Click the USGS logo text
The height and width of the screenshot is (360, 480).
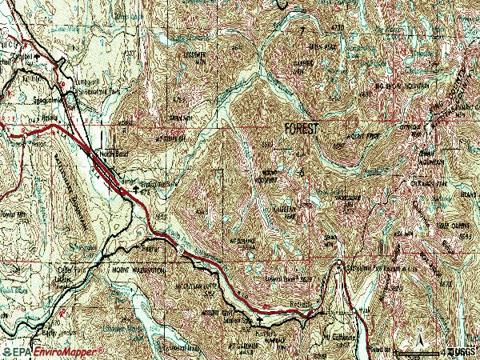click(462, 351)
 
